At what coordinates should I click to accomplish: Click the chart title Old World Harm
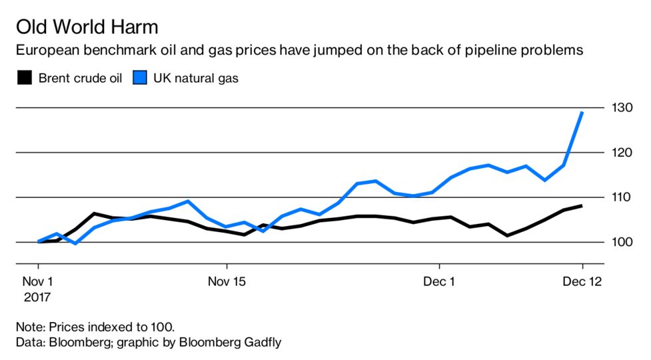click(x=87, y=27)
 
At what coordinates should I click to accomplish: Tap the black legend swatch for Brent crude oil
click(x=24, y=78)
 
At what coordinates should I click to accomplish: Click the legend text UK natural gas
click(x=196, y=78)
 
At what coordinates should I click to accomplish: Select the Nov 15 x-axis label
click(x=227, y=282)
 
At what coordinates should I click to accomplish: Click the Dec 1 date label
click(x=440, y=282)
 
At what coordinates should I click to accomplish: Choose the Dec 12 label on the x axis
click(x=582, y=282)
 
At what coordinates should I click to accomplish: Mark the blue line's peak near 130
click(x=583, y=112)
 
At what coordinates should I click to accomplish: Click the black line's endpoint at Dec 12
click(x=583, y=206)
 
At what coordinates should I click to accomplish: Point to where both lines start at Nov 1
click(x=39, y=241)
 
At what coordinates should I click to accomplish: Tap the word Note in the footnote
click(x=29, y=327)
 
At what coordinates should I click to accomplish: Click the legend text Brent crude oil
click(x=79, y=78)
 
